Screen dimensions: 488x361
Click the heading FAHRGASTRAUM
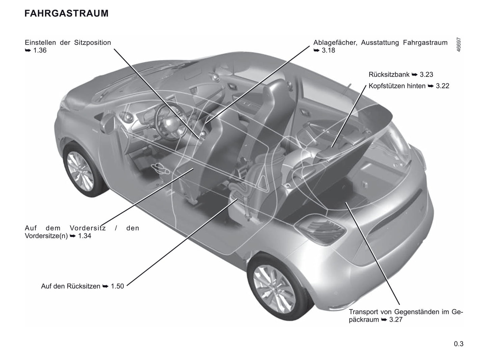point(67,13)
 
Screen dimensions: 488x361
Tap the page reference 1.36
point(40,50)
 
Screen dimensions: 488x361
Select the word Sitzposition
point(93,43)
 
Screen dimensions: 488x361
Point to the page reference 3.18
point(328,50)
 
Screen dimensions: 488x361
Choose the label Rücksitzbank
point(389,75)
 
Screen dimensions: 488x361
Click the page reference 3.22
point(442,86)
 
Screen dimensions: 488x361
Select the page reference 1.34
point(84,236)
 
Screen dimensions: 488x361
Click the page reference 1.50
point(117,286)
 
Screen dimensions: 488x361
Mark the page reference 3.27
point(396,320)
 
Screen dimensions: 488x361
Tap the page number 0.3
point(459,344)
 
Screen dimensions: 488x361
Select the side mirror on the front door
point(108,123)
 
